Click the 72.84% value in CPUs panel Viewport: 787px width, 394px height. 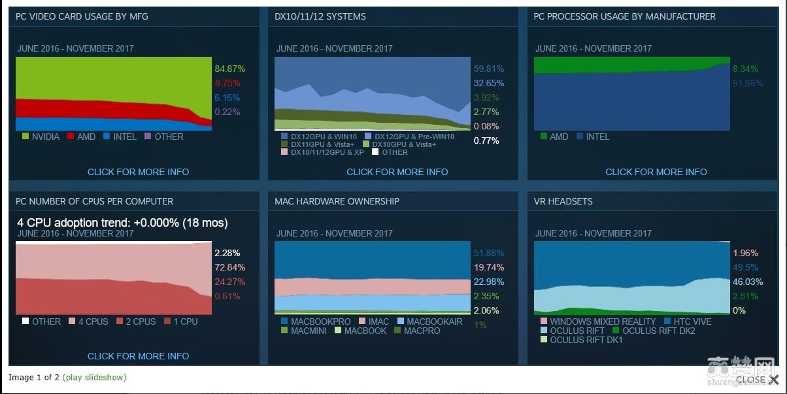pos(227,267)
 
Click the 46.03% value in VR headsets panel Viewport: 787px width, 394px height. pos(748,282)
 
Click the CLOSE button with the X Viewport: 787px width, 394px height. pos(757,380)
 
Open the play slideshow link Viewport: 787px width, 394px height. pos(94,377)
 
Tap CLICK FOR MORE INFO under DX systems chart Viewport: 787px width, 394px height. pos(397,172)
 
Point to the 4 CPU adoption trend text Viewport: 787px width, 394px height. pos(122,223)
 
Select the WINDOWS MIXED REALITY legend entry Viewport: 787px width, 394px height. pos(602,321)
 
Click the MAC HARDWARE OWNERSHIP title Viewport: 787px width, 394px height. pos(337,201)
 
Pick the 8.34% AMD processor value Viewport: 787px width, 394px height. pos(745,69)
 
